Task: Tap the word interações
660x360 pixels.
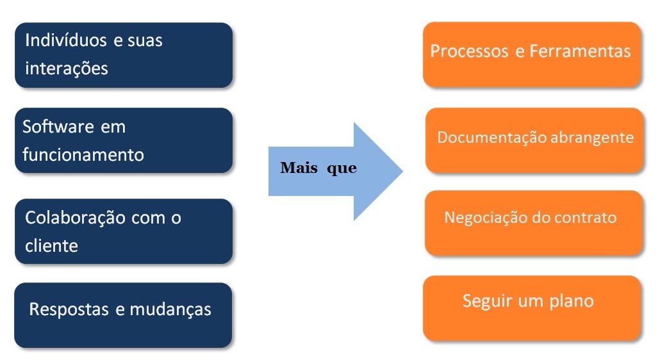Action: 66,68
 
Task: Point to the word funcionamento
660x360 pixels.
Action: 83,155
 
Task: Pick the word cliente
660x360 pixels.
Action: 51,245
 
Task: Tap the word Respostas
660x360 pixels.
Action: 69,309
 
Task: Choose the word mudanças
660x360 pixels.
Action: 170,309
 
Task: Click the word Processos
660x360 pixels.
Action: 469,51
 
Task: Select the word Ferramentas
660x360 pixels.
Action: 580,51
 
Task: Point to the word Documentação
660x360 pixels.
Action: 492,138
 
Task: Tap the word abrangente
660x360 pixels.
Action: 593,138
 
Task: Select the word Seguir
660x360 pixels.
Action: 488,300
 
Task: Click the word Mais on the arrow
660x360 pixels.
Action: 299,168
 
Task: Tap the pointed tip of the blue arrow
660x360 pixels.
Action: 402,171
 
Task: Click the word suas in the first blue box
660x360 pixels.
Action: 146,40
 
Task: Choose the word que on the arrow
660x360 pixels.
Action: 341,169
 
